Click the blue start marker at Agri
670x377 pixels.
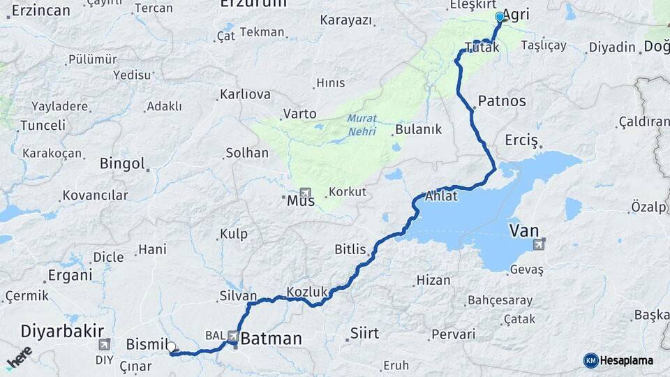499,17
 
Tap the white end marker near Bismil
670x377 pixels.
171,346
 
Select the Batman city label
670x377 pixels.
271,339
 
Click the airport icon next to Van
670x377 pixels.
539,244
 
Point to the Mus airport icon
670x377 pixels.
305,192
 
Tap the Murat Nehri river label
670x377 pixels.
362,125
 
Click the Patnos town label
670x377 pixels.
502,101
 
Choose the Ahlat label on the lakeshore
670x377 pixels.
441,196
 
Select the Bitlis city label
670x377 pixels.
350,249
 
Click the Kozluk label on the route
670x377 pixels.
307,293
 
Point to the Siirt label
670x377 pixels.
364,332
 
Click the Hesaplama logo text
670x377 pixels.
627,360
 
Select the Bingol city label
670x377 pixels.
122,164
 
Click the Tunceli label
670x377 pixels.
43,126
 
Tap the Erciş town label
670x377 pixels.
521,140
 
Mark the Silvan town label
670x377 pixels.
238,296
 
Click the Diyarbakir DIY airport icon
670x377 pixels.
104,344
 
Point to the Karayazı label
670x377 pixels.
346,20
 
